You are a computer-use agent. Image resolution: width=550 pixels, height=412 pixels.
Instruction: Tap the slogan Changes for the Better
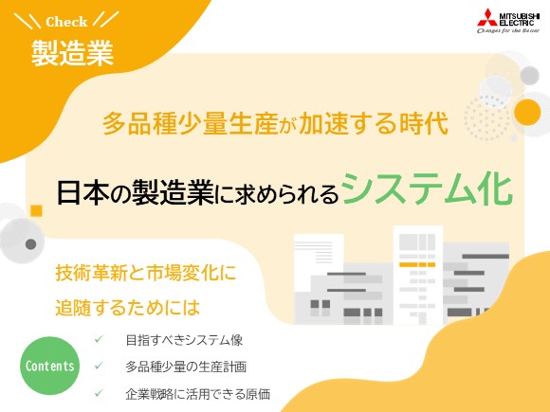(506, 30)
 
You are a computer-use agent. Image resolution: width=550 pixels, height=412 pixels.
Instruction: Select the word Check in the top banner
(66, 21)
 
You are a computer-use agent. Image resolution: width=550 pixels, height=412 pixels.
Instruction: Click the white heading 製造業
(72, 51)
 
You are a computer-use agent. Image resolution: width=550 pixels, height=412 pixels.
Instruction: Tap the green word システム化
(427, 188)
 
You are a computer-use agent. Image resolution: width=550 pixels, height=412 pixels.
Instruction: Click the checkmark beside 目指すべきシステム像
(99, 339)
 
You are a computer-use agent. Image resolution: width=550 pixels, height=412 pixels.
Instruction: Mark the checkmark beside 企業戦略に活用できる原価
(99, 393)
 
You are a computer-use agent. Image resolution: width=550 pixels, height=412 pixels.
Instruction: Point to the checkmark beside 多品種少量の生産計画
(99, 367)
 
